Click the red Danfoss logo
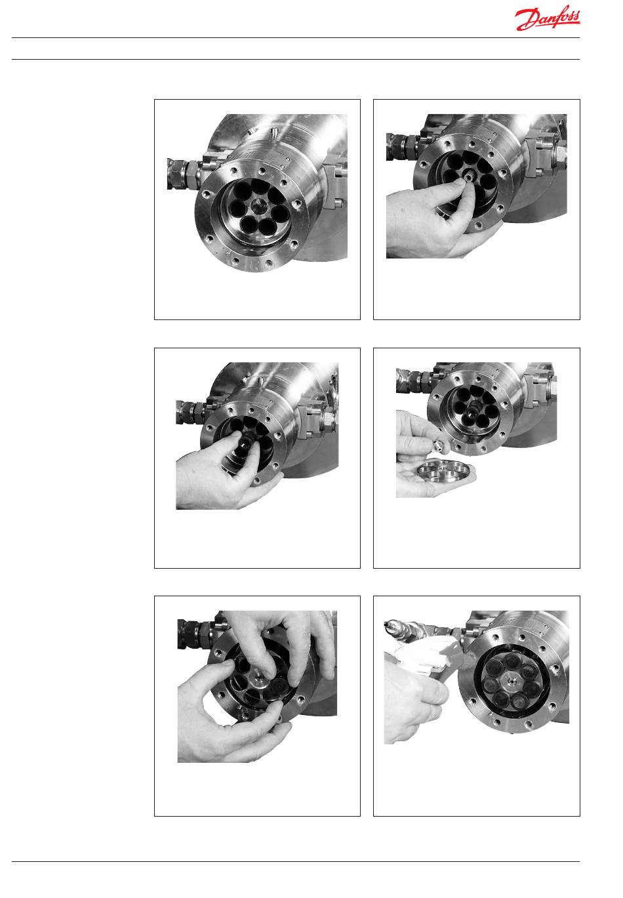(548, 19)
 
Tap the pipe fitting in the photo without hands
(182, 174)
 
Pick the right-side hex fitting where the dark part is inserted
(327, 419)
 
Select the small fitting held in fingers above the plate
(439, 443)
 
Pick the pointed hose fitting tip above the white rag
(388, 624)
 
